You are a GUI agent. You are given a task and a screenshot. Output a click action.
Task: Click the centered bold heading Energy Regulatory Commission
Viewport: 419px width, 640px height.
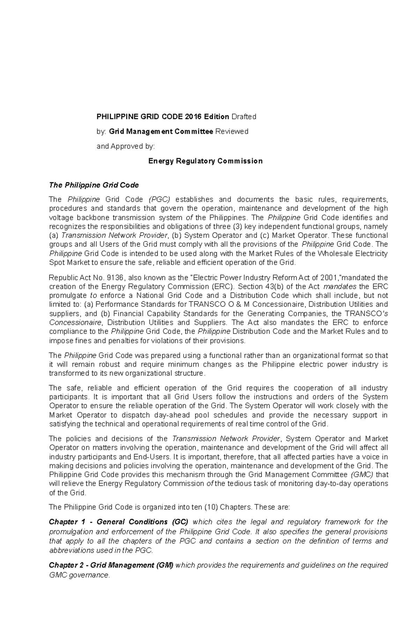[205, 161]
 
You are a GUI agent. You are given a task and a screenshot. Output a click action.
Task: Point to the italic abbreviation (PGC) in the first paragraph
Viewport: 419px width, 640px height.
[159, 199]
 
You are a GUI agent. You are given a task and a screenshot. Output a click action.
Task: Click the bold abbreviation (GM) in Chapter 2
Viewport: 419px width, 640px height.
[165, 565]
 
